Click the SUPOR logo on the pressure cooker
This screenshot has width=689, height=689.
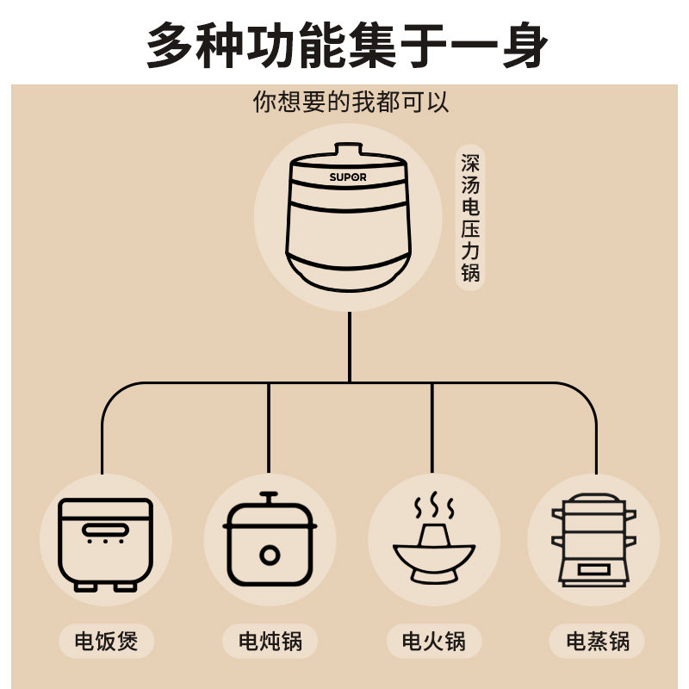(348, 177)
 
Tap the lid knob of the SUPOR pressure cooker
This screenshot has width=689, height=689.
(348, 150)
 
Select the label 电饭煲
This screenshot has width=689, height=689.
(106, 641)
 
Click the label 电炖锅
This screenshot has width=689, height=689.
(270, 641)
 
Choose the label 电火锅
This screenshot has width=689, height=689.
(433, 641)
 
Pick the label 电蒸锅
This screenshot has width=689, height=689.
(598, 641)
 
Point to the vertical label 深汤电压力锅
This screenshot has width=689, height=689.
(470, 219)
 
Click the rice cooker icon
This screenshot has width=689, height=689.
(105, 543)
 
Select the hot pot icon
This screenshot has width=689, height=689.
(433, 543)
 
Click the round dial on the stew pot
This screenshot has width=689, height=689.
(270, 554)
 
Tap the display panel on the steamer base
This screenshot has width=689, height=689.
(593, 569)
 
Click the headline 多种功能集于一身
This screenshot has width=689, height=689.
(347, 45)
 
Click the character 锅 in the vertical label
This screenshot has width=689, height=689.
(470, 275)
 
